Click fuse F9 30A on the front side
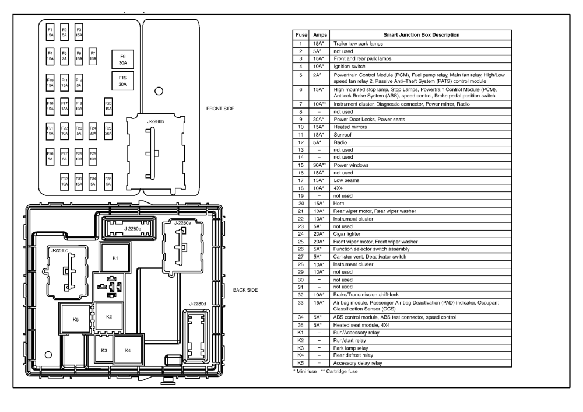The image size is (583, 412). pos(122,60)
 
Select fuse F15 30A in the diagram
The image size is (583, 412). pos(122,81)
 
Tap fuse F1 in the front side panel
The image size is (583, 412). pos(50,32)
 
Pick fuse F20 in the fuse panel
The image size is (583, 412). pos(108,106)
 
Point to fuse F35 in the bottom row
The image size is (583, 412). pos(108,181)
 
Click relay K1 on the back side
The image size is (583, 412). pos(115,257)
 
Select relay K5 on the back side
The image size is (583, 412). pos(75,319)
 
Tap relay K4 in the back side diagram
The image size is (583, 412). pos(128,350)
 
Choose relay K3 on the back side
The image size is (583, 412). pos(104,350)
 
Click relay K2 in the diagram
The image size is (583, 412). pos(109,317)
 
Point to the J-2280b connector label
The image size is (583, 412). pos(156,121)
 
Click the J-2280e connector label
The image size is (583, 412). pos(133,229)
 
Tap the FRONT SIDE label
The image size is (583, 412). pos(220,109)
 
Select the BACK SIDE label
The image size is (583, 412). pos(245,290)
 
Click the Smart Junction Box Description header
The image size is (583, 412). pos(422,35)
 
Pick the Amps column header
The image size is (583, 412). pos(319,35)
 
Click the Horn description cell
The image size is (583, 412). pos(339,204)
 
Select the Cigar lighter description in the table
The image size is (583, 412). pos(347,234)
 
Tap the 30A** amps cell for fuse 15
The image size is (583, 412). pos(319,165)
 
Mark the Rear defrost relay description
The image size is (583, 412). pos(353,355)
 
